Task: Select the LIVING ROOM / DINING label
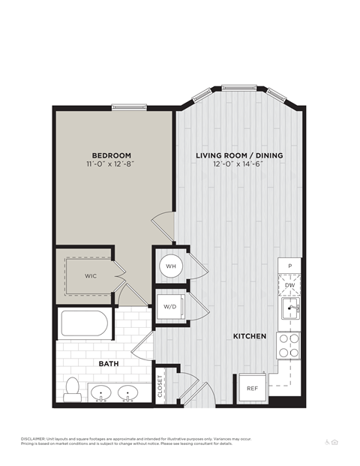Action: [239, 155]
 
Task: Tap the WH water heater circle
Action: [170, 266]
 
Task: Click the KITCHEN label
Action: [250, 337]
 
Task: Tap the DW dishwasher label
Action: [289, 285]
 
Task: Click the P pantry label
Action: [289, 267]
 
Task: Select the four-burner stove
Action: [289, 345]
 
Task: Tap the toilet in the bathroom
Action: [73, 389]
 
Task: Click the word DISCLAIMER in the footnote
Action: [34, 438]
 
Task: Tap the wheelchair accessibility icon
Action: [327, 442]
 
